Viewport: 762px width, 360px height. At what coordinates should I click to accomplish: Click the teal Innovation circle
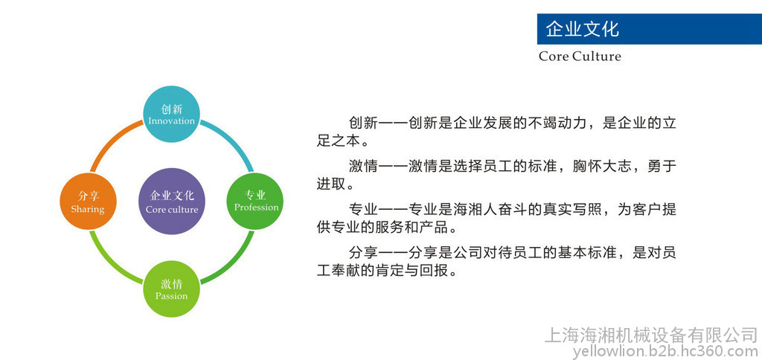tap(172, 114)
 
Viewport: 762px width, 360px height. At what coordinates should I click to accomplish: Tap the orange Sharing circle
tap(88, 201)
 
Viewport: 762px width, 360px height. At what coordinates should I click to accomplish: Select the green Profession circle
tap(255, 201)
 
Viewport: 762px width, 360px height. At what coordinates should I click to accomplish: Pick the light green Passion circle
tap(172, 289)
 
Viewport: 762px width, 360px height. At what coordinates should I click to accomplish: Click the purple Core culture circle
tap(172, 201)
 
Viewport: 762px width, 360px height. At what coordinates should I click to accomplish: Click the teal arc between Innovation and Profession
tap(232, 141)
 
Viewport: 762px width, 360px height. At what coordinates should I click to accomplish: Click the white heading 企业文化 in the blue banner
tap(582, 29)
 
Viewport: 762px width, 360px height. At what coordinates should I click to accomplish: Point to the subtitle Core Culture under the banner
tap(580, 57)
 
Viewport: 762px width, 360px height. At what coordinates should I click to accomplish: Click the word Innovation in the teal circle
tap(172, 121)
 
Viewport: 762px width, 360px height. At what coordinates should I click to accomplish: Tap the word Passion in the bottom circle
tap(172, 296)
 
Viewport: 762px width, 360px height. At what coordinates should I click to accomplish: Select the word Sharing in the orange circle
tap(88, 210)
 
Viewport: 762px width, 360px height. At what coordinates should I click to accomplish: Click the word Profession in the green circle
tap(256, 208)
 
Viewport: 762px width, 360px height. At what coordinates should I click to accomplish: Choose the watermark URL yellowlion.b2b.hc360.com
tap(665, 350)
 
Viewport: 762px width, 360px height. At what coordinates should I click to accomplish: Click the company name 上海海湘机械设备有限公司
tap(651, 335)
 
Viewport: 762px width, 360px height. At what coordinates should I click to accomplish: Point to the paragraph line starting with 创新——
tap(513, 123)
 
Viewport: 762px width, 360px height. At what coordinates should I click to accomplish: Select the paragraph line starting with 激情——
tap(513, 166)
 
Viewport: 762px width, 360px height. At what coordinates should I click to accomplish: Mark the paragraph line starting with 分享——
tap(513, 253)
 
